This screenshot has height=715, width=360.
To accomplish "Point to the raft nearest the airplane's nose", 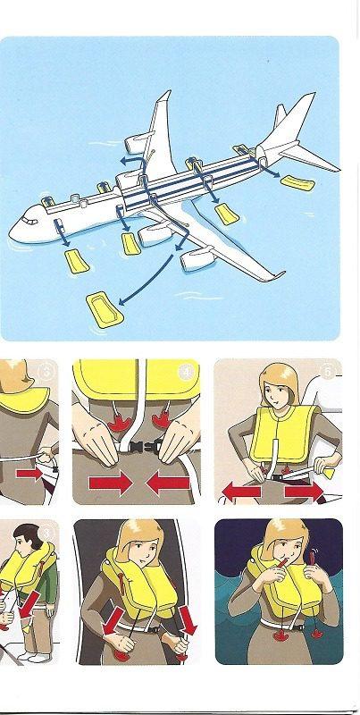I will pos(75,261).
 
